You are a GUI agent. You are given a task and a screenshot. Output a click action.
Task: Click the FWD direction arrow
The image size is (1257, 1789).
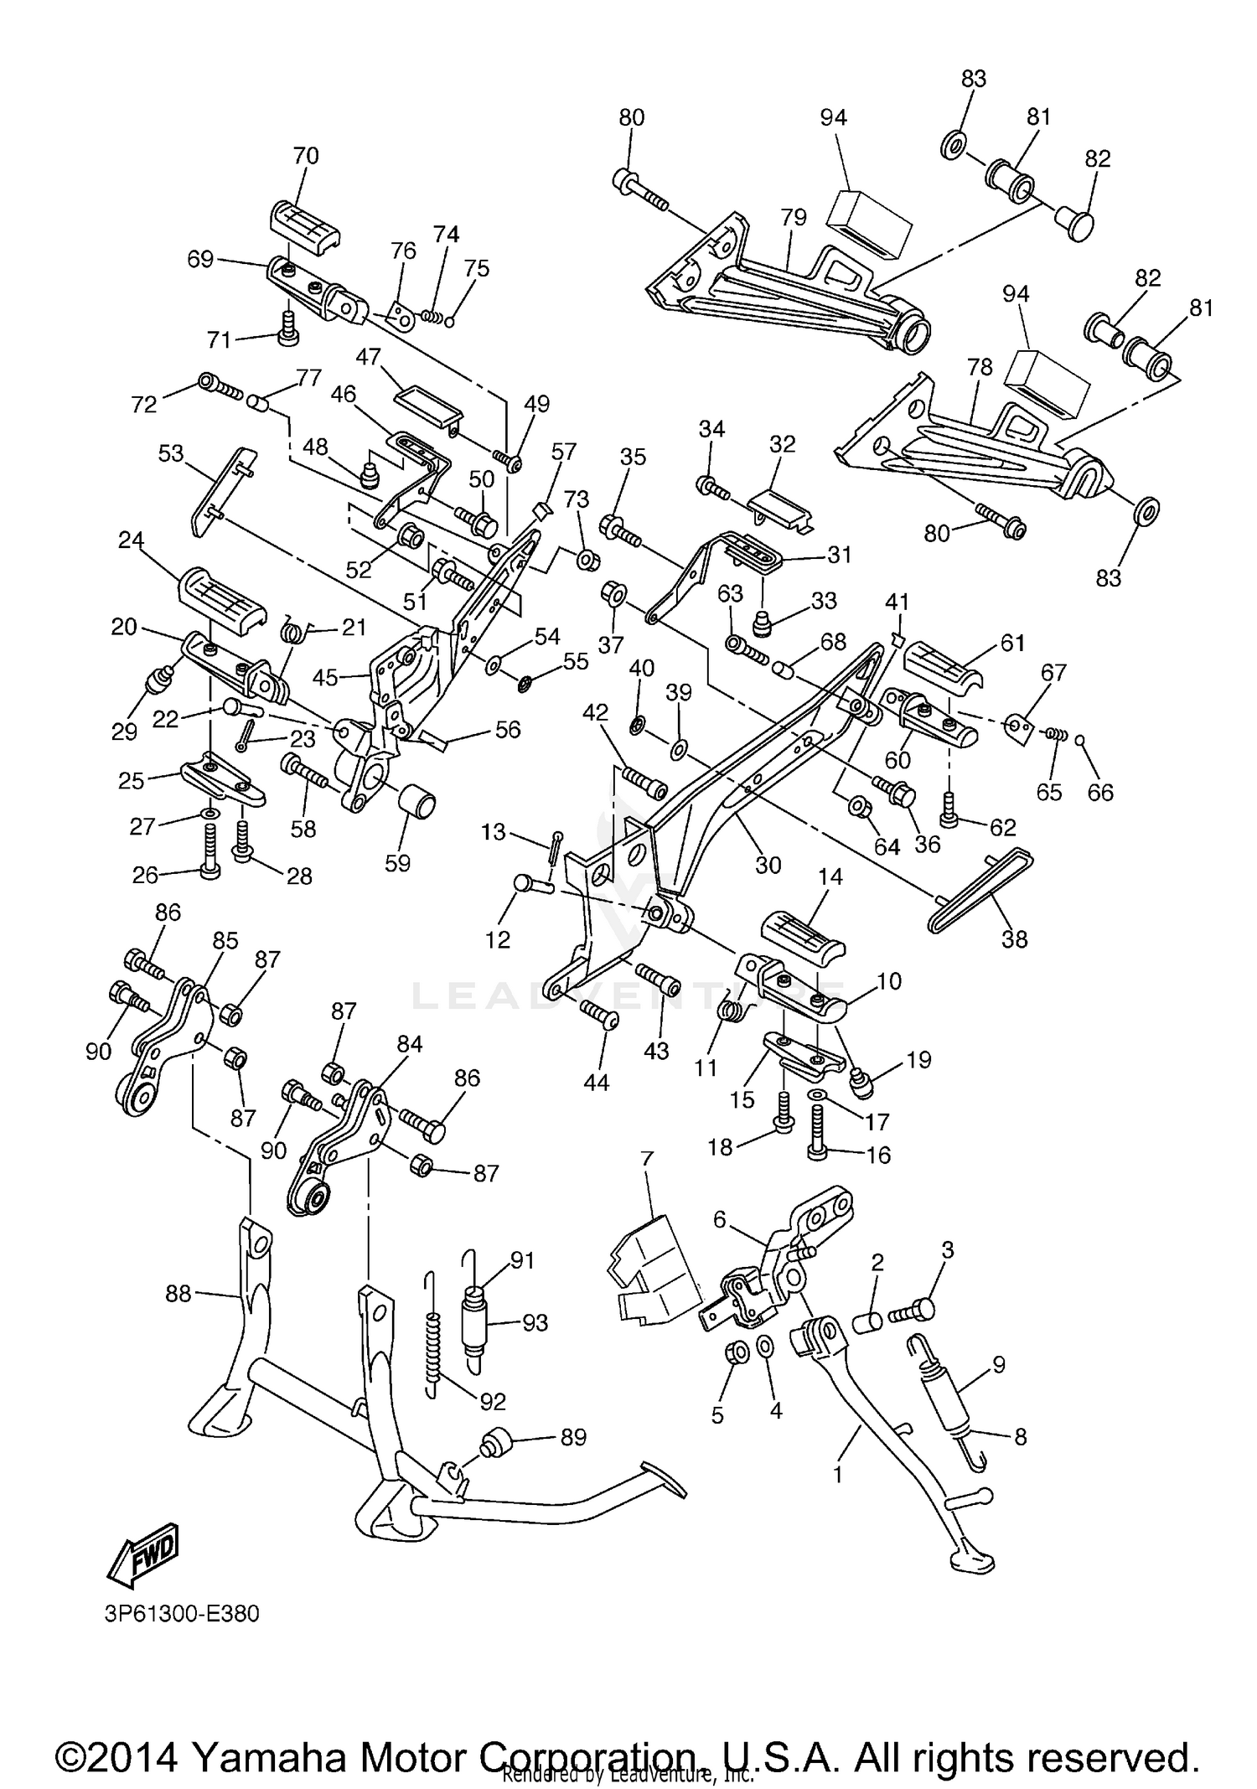[x=143, y=1555]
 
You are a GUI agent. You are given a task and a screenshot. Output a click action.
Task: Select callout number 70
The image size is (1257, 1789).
[x=306, y=156]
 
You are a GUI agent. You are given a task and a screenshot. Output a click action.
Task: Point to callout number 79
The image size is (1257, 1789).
[x=793, y=217]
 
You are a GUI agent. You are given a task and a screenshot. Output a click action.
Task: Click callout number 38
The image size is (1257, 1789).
[x=1014, y=939]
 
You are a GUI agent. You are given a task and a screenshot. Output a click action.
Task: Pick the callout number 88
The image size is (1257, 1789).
[x=178, y=1295]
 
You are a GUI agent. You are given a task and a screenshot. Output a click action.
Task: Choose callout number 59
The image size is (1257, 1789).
[x=397, y=863]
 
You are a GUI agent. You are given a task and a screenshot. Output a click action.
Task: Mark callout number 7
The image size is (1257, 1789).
[x=646, y=1160]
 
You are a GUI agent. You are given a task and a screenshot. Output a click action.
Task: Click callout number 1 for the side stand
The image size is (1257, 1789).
[x=837, y=1474]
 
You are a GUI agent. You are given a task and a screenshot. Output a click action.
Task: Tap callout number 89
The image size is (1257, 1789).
[x=573, y=1437]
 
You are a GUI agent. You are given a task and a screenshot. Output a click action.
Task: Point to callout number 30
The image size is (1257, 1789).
[x=768, y=865]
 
